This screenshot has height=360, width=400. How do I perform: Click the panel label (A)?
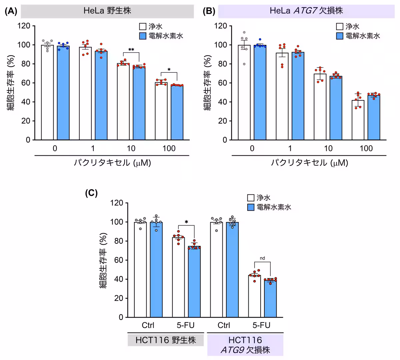coord(11,11)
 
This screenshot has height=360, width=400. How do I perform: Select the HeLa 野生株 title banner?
coord(107,11)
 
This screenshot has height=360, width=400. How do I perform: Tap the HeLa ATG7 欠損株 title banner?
coord(306,11)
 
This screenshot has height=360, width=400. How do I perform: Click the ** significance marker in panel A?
coord(131,50)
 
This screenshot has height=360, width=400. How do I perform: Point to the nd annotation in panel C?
coord(262,258)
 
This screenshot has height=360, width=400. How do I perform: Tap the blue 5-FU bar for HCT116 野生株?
coord(194,281)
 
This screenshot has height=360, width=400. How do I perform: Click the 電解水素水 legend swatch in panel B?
coord(340,36)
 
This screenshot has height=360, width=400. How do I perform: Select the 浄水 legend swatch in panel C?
coord(251,198)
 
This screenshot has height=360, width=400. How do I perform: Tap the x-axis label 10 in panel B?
coord(328,148)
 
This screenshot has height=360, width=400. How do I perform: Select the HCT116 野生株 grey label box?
coord(166,340)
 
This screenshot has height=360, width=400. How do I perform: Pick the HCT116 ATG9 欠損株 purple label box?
coord(245,345)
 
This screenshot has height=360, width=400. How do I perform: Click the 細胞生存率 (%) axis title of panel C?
coord(104,260)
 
